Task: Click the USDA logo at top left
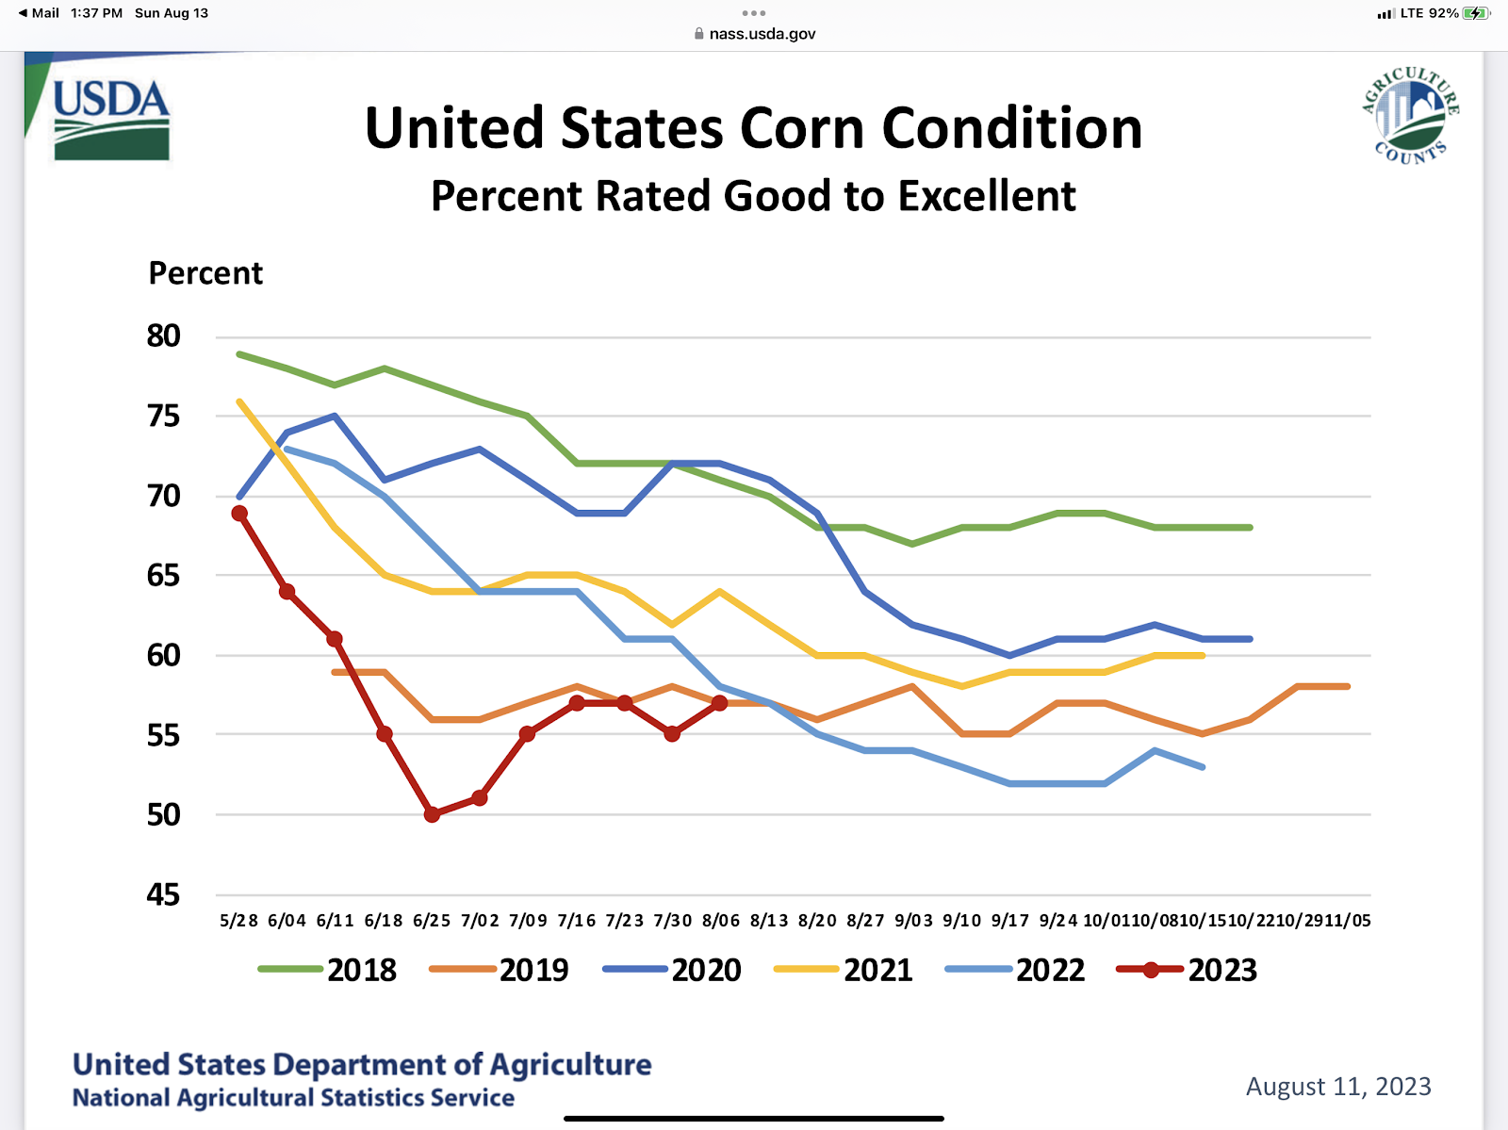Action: click(x=111, y=119)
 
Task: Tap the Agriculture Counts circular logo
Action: click(x=1410, y=116)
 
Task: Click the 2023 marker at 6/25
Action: click(x=432, y=814)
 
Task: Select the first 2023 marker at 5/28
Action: click(x=239, y=514)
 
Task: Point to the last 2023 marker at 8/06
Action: click(x=720, y=703)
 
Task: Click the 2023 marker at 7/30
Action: click(x=672, y=734)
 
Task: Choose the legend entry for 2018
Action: click(x=328, y=970)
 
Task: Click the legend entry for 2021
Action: click(x=844, y=970)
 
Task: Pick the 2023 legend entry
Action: click(x=1187, y=970)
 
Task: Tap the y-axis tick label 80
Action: click(x=163, y=336)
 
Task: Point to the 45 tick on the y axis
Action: click(x=163, y=894)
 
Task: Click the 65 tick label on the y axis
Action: click(x=163, y=576)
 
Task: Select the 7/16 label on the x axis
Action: click(x=576, y=921)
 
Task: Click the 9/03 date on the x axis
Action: click(x=913, y=921)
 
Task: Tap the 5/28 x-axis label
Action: click(x=238, y=921)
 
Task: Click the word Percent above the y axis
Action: click(x=205, y=273)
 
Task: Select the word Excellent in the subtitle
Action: click(x=987, y=196)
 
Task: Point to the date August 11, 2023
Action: click(x=1338, y=1087)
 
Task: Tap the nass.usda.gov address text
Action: click(x=762, y=34)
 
